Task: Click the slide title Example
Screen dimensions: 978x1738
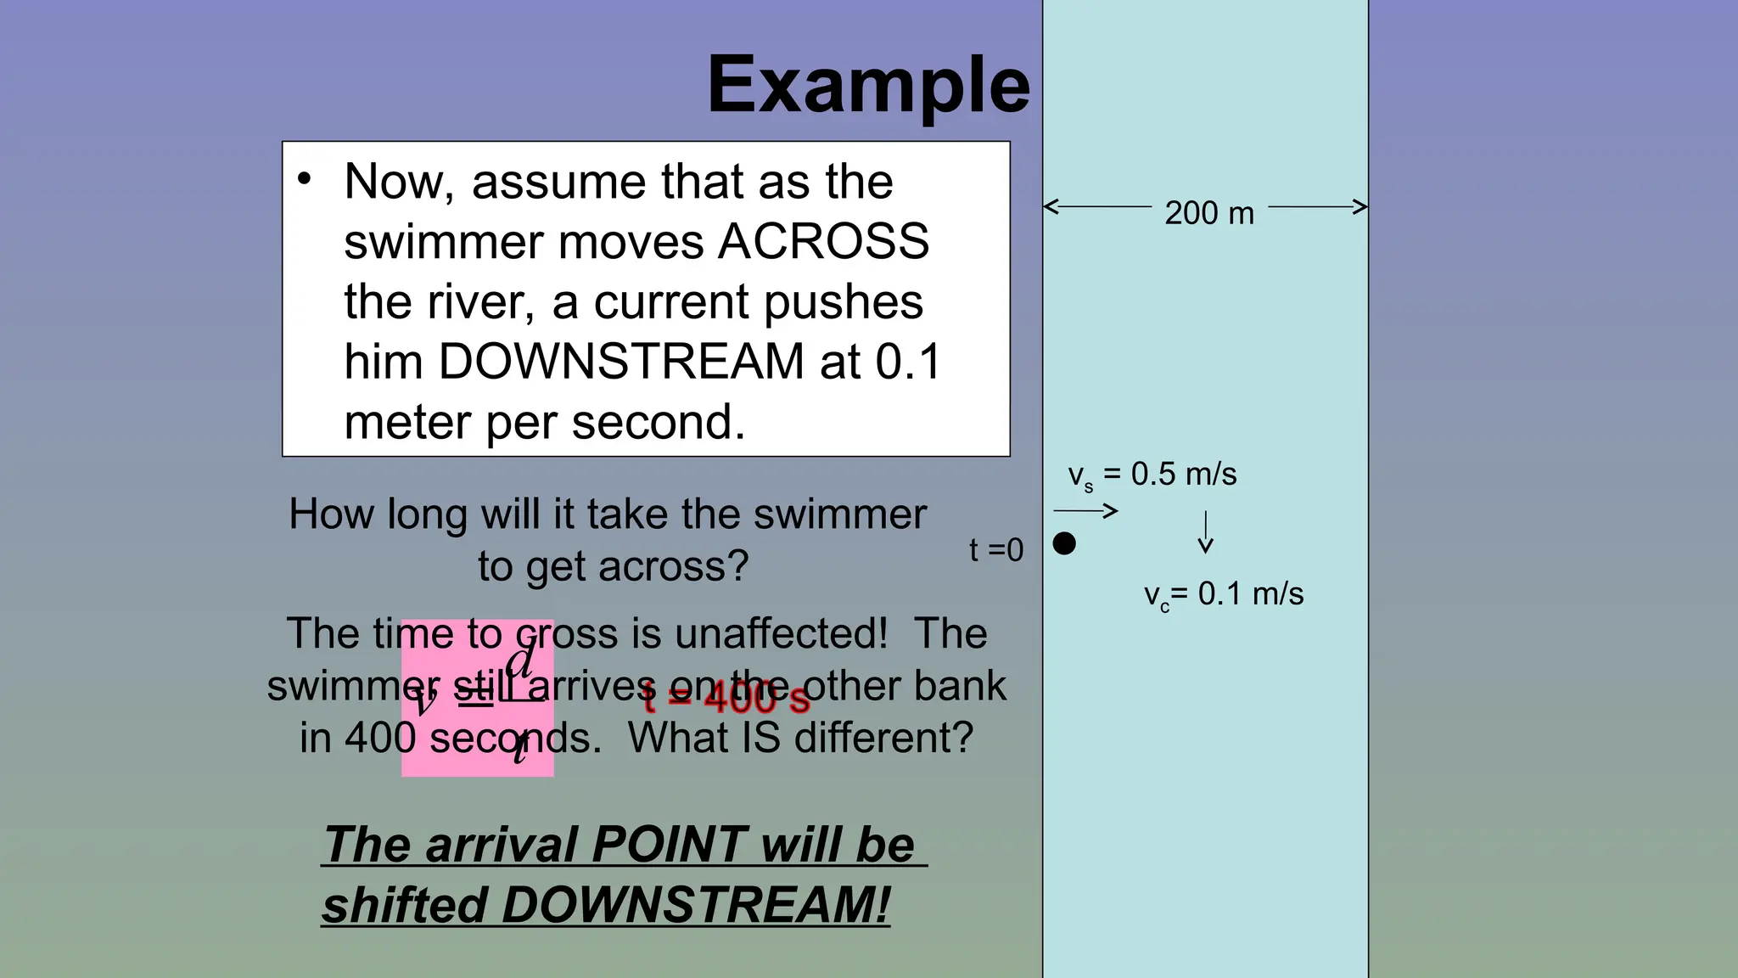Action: pos(868,85)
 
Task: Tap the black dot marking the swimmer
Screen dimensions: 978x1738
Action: pos(1064,543)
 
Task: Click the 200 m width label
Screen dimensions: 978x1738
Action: pos(1208,212)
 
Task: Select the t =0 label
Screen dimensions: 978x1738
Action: pos(996,550)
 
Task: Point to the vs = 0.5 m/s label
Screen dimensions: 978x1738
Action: pos(1152,475)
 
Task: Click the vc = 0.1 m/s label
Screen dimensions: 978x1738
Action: pos(1223,594)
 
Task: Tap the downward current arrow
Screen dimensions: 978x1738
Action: pos(1205,533)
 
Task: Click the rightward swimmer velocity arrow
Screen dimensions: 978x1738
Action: pos(1085,511)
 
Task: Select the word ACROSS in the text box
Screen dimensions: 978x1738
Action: pos(823,242)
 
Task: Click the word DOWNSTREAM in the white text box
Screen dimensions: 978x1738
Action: pos(620,362)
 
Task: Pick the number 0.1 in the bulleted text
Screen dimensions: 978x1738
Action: pos(908,362)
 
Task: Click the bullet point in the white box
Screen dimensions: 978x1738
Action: pos(305,179)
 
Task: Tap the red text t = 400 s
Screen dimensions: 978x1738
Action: pos(726,699)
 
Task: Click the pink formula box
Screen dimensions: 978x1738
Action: pos(477,698)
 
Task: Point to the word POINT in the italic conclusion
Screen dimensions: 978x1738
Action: pos(670,845)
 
